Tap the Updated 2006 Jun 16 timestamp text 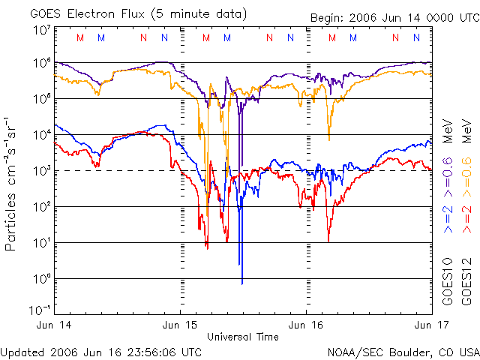point(100,351)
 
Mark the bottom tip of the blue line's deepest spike point(242,283)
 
